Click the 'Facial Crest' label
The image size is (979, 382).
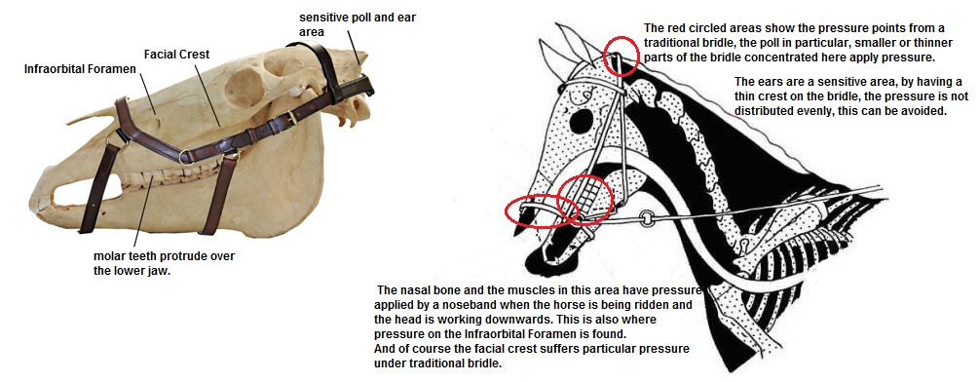(x=176, y=55)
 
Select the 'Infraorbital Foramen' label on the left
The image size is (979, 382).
(x=80, y=68)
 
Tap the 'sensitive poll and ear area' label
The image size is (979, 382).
(x=358, y=24)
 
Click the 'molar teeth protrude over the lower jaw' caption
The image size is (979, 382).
(x=164, y=263)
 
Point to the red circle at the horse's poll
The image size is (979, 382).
(x=621, y=57)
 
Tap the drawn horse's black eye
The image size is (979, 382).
(x=581, y=122)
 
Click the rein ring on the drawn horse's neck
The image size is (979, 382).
(x=648, y=219)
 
